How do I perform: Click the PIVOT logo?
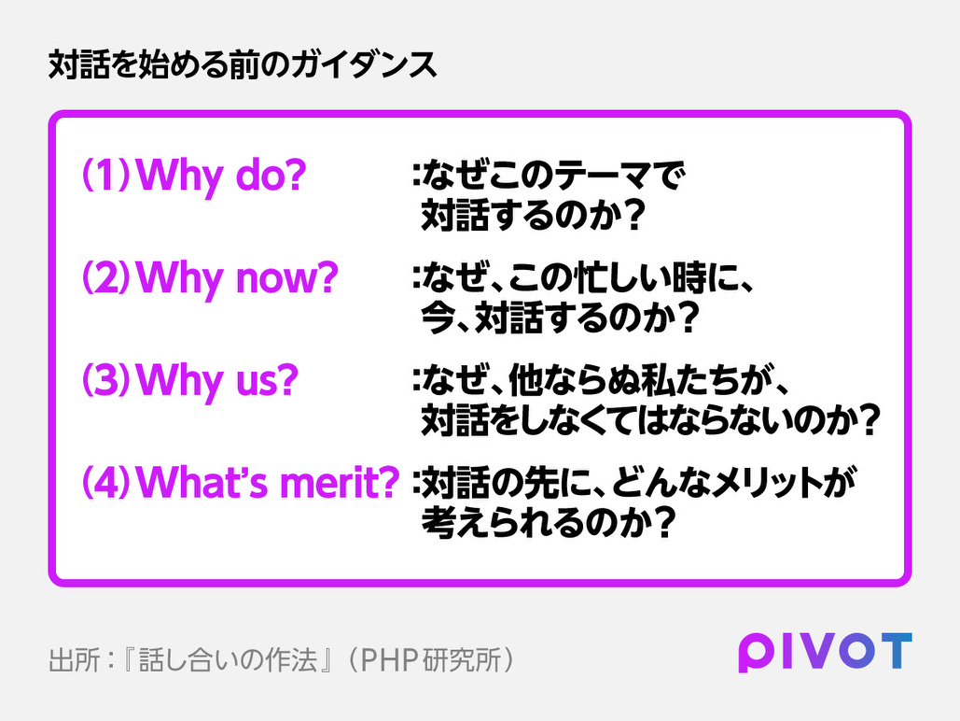click(x=826, y=652)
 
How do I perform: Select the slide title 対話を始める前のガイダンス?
click(x=243, y=64)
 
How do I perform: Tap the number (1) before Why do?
click(x=106, y=175)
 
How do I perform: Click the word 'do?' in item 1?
click(x=271, y=175)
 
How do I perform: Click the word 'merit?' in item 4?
click(x=340, y=483)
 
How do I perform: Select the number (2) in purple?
click(x=106, y=277)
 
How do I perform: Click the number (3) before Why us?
click(x=106, y=380)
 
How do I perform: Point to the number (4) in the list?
click(x=106, y=483)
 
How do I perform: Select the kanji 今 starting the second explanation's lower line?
click(x=438, y=318)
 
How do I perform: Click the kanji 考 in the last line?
click(x=438, y=522)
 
